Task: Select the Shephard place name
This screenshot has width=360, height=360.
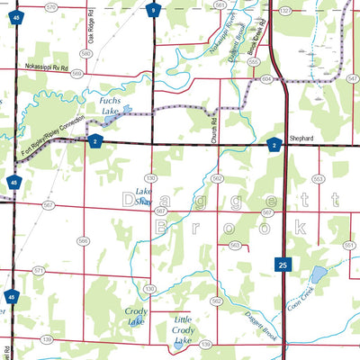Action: (x=301, y=138)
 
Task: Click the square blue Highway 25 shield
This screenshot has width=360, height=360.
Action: (x=283, y=265)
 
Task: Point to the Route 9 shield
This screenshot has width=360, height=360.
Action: (x=154, y=11)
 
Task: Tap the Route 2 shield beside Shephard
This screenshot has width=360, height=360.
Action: (x=274, y=144)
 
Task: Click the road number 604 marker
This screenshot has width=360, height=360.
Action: (x=266, y=79)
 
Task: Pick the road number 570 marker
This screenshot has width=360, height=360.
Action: (x=49, y=6)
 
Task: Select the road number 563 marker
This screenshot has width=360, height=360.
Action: (x=234, y=245)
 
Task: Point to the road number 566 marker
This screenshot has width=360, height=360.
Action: (x=83, y=240)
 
